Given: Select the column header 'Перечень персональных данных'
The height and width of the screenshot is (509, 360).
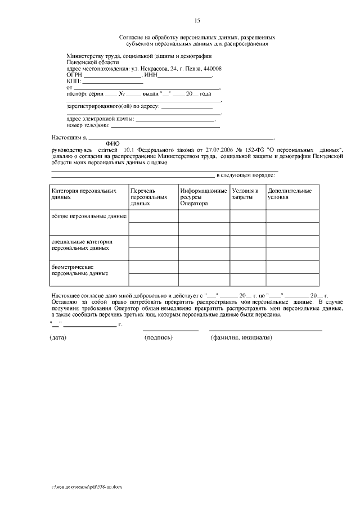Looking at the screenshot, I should click(x=149, y=197).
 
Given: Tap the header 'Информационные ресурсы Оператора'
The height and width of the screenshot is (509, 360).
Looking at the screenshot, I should click(x=204, y=197).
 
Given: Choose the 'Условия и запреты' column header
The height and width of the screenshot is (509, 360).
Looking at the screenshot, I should click(x=245, y=195).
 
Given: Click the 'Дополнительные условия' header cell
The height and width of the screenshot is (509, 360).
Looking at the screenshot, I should click(x=290, y=195).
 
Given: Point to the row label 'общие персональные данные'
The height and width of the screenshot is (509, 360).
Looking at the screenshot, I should click(x=89, y=216).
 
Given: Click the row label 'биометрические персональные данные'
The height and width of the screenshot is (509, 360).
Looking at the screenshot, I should click(x=79, y=270).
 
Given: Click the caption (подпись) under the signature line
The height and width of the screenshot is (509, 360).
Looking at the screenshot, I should click(x=159, y=337).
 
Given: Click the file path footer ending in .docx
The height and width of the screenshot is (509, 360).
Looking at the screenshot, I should click(x=86, y=486).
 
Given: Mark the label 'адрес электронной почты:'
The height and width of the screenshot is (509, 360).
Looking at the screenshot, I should click(x=100, y=119).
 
